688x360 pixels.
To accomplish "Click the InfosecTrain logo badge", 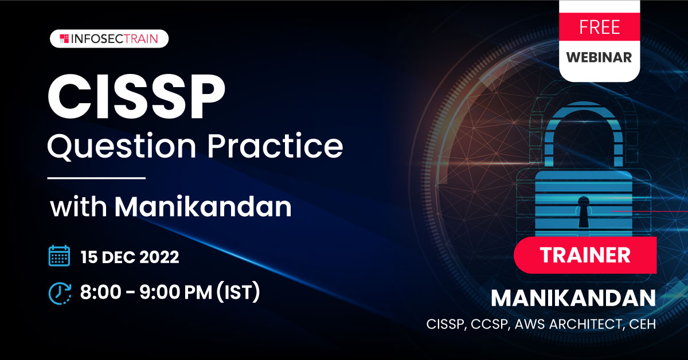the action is [109, 39].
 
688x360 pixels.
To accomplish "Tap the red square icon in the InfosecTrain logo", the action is [64, 39].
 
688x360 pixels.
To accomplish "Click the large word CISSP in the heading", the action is [136, 96].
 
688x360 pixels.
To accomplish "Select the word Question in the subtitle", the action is [122, 147].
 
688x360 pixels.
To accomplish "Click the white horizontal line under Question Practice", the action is [96, 178].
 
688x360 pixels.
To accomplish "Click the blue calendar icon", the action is [59, 256].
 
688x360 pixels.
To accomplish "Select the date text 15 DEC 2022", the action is [130, 257].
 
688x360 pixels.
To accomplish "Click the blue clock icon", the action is [60, 294].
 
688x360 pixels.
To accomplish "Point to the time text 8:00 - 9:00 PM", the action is [146, 292].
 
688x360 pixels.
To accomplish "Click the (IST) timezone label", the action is [239, 292].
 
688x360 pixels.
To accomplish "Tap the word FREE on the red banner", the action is [600, 27].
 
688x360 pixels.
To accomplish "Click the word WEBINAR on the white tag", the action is [599, 57].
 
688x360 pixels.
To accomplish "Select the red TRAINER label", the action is [585, 255].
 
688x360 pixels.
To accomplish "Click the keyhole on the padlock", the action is [583, 212].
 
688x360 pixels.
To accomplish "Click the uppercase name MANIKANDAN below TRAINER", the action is [573, 298].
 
